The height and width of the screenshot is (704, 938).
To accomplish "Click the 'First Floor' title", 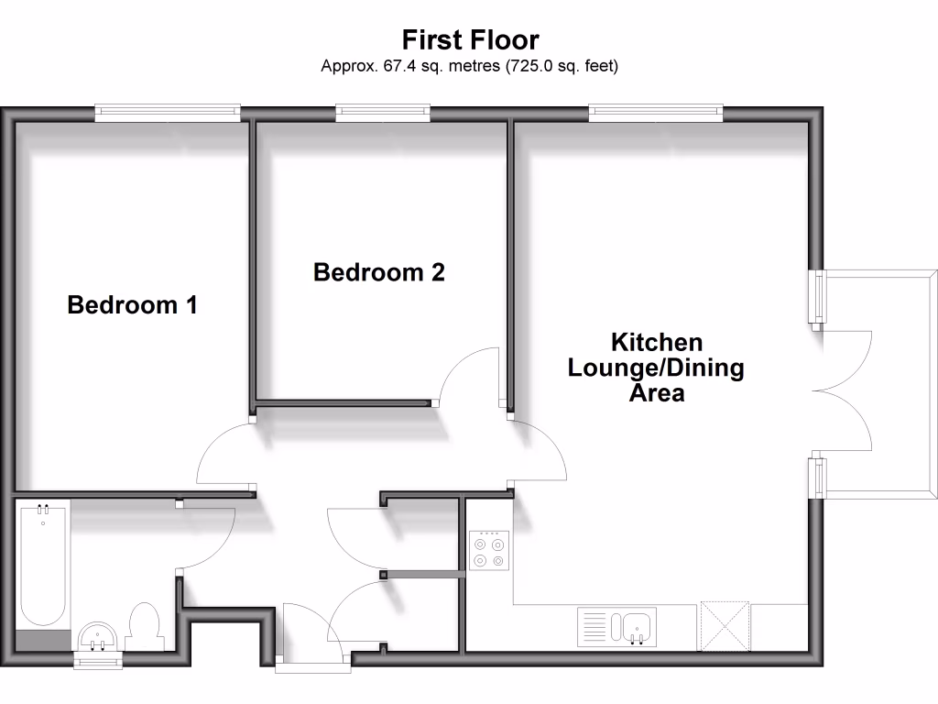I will click(470, 39).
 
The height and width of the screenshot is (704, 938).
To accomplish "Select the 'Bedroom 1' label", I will click(133, 304).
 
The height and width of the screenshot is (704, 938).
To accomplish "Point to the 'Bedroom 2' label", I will click(379, 272).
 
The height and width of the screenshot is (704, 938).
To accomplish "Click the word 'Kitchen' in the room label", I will click(657, 343).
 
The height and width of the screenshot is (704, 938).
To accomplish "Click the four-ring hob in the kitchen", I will click(486, 551).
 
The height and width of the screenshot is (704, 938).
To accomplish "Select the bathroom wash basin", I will click(97, 635).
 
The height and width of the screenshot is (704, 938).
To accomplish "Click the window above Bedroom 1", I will click(168, 113).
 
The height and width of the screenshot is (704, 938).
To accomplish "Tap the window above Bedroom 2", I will click(382, 113).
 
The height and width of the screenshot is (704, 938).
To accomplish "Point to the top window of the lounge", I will click(656, 113).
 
